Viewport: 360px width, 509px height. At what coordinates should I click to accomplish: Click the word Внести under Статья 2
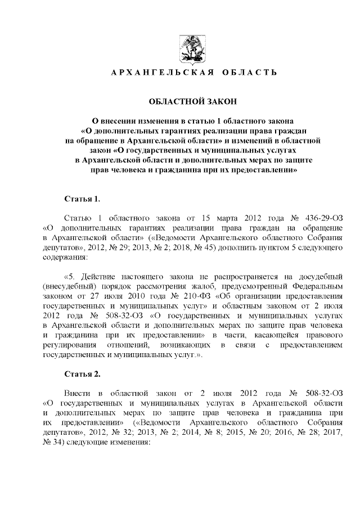(x=78, y=393)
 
